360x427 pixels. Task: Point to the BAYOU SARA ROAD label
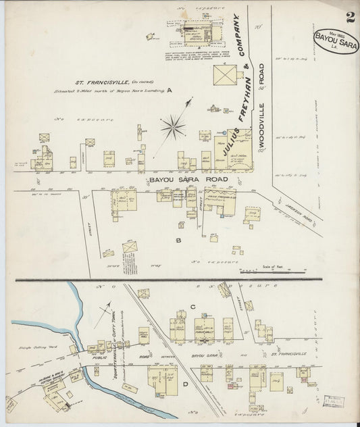188,180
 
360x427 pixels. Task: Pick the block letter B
178,239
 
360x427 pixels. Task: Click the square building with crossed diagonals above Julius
225,74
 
